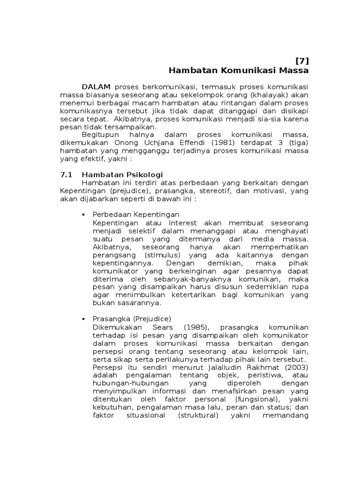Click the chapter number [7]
302,60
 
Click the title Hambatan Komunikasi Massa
239,71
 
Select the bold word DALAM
96,87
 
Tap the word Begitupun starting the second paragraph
101,134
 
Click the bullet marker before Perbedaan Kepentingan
84,215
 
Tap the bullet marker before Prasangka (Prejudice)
84,318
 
